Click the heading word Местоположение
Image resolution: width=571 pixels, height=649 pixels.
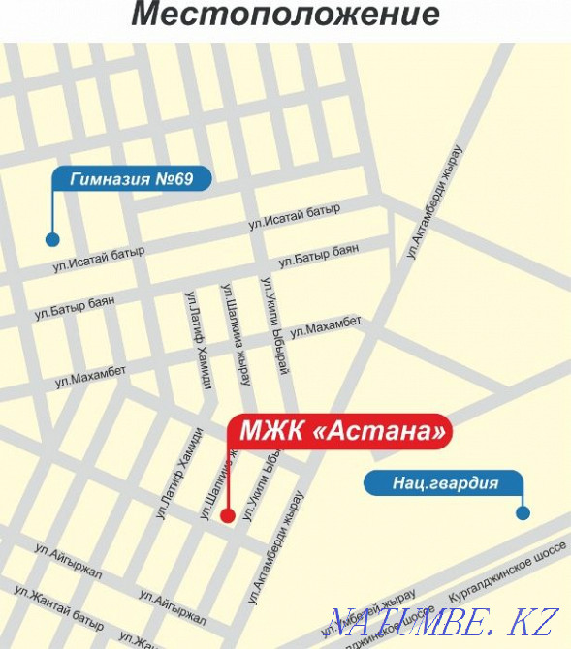click(x=285, y=15)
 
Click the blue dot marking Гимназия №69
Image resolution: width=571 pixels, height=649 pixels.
click(x=52, y=239)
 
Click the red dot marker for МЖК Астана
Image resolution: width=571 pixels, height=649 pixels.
click(x=227, y=515)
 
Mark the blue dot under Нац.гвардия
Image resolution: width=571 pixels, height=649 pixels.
click(x=523, y=512)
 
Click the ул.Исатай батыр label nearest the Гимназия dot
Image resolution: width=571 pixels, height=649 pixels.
click(x=100, y=258)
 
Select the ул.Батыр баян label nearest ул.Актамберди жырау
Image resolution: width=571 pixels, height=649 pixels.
click(x=318, y=256)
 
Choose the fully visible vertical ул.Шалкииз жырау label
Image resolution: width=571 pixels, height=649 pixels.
click(x=236, y=333)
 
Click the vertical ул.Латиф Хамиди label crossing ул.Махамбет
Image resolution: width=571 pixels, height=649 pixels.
click(x=198, y=340)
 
